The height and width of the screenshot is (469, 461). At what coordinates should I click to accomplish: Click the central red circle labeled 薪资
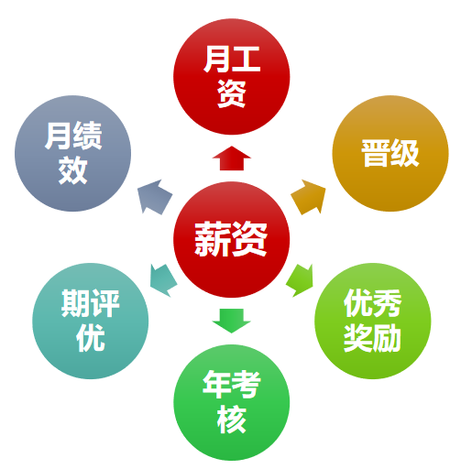[231, 240]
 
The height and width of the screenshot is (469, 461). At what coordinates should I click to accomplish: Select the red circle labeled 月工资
[231, 76]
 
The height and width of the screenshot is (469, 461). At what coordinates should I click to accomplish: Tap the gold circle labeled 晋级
[390, 153]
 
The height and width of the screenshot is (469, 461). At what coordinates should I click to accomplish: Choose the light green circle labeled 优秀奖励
[373, 321]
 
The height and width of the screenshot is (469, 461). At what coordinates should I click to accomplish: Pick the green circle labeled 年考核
[232, 402]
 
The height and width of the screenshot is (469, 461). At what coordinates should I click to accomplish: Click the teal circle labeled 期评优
[91, 321]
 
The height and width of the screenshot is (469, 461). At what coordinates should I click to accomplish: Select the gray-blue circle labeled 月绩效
[72, 153]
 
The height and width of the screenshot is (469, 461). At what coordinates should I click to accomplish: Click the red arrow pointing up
[232, 158]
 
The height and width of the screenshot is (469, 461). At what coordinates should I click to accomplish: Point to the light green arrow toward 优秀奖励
[301, 280]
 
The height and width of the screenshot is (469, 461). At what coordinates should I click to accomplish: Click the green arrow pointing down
[232, 321]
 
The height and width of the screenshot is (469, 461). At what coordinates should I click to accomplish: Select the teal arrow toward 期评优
[163, 280]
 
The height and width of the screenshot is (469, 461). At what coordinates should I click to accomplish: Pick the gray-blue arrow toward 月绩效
[154, 197]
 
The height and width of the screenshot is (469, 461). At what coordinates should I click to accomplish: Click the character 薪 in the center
[213, 239]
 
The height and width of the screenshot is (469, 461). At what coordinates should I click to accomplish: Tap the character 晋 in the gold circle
[375, 153]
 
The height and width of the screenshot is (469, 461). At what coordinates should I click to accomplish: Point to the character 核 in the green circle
[232, 420]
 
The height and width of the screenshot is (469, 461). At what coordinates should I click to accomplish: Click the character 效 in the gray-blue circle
[72, 170]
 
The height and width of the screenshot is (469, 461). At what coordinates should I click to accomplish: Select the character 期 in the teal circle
[76, 303]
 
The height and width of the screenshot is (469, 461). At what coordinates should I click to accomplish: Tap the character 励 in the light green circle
[387, 338]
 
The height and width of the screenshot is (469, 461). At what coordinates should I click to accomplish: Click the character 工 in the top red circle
[246, 60]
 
